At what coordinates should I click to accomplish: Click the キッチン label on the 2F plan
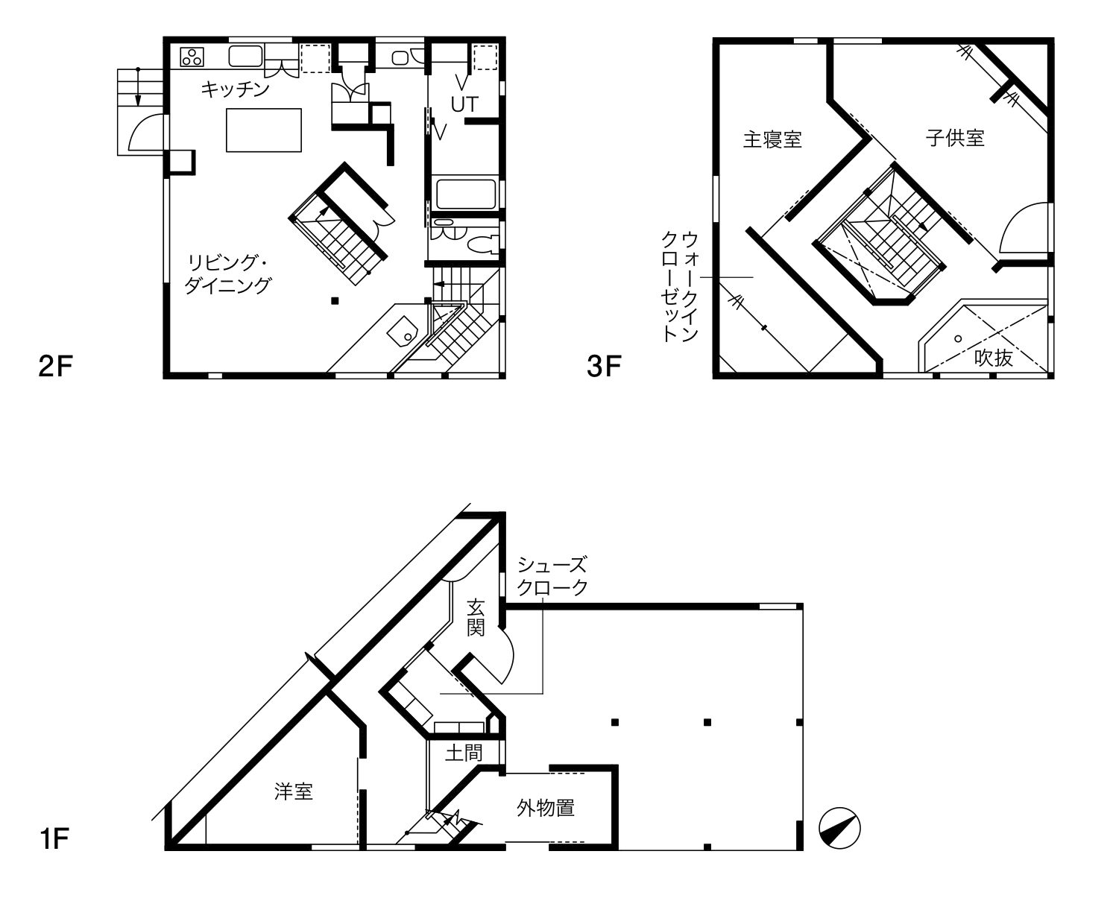coord(235,89)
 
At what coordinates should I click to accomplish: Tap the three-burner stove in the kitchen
coord(192,57)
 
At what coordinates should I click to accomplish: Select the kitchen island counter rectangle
coord(263,130)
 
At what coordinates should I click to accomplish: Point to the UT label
coord(464,104)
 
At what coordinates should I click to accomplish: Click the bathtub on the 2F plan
coord(466,195)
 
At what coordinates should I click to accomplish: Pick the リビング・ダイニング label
coord(228,273)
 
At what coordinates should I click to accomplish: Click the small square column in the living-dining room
coord(335,300)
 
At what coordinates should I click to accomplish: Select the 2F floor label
coord(55,366)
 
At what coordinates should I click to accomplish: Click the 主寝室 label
coord(772,139)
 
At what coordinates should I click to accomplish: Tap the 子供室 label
coord(955,138)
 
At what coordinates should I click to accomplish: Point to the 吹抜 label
coord(993,358)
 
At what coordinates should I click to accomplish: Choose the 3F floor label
coord(604,366)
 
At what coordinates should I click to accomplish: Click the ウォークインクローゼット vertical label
coord(679,287)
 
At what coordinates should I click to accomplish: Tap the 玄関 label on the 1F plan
coord(476,618)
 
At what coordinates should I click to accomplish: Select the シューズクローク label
coord(552,576)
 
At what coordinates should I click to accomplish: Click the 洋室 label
coord(293,791)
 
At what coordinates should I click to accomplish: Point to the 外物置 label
coord(546,808)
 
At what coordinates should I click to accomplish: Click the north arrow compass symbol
coord(839,828)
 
